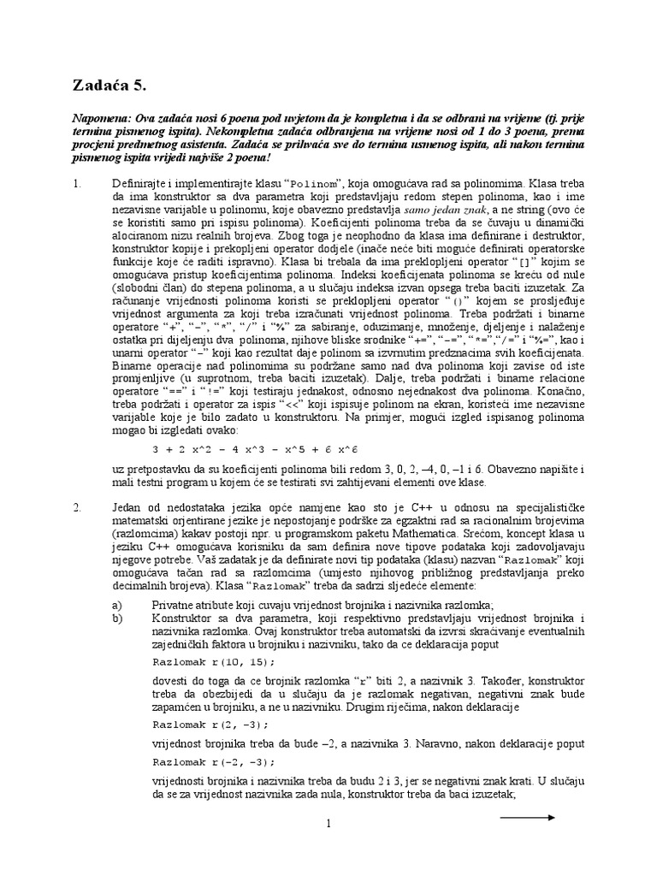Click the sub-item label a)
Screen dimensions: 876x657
coord(117,603)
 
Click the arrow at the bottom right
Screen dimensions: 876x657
coord(527,818)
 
